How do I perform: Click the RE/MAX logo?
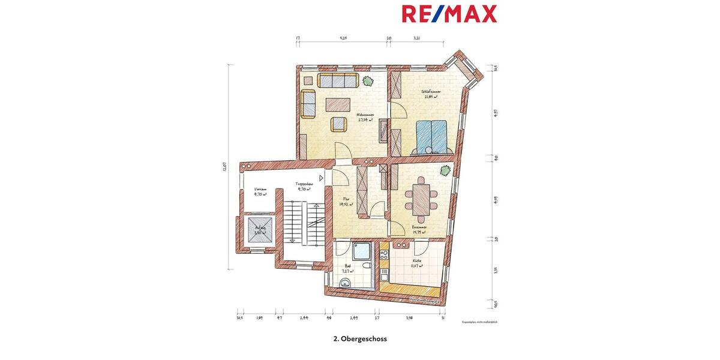coord(449,13)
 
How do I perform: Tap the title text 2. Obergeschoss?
coord(360,338)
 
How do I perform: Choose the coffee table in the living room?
coord(338,104)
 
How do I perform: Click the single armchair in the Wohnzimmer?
coord(339,124)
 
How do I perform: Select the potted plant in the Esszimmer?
coord(444,170)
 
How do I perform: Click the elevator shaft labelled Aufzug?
coord(260,230)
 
